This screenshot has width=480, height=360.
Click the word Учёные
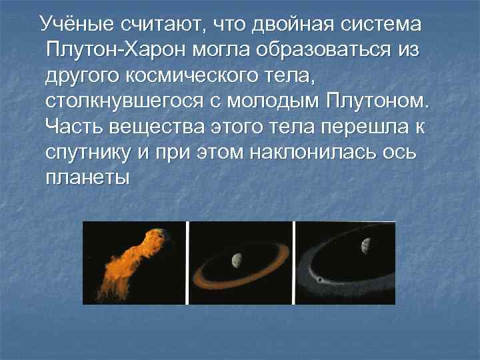click(79, 25)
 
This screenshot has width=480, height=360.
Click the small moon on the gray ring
click(321, 279)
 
